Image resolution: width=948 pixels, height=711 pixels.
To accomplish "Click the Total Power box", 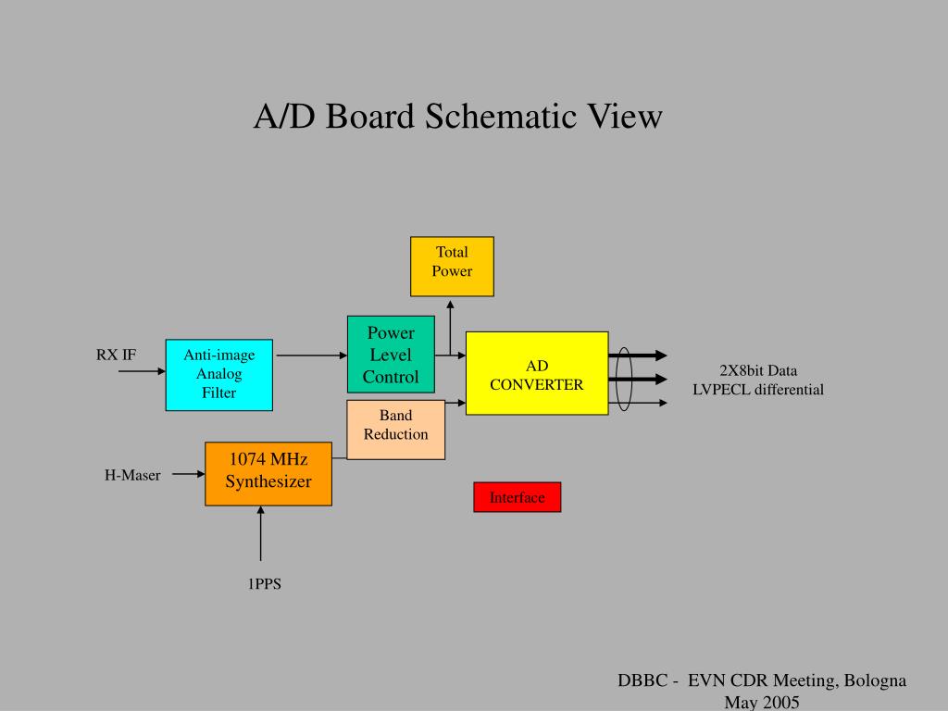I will pyautogui.click(x=452, y=266).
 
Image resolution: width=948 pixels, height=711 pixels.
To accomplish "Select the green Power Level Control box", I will pyautogui.click(x=391, y=355).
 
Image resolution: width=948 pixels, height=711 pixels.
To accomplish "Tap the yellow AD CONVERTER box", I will pyautogui.click(x=537, y=373).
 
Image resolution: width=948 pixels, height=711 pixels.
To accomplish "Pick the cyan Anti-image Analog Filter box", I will pyautogui.click(x=219, y=374).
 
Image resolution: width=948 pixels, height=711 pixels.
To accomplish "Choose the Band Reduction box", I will pyautogui.click(x=395, y=430).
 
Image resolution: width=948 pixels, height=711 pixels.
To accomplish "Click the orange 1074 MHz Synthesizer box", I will pyautogui.click(x=268, y=473).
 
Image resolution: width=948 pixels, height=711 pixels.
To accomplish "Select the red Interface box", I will pyautogui.click(x=517, y=497).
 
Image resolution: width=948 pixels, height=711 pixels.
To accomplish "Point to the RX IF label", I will pyautogui.click(x=117, y=355).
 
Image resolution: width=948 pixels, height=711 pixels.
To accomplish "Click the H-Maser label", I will pyautogui.click(x=132, y=476).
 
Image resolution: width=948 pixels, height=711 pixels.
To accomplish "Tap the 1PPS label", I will pyautogui.click(x=263, y=584).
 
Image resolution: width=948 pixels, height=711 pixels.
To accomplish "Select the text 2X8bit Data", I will pyautogui.click(x=758, y=370).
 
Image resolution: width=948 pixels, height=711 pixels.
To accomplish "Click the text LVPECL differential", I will pyautogui.click(x=758, y=390).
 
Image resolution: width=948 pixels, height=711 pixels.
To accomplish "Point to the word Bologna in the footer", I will pyautogui.click(x=874, y=680).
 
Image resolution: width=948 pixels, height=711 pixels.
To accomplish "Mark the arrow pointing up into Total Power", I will pyautogui.click(x=450, y=324).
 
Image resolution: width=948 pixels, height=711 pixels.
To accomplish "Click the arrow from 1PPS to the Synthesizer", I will pyautogui.click(x=261, y=537).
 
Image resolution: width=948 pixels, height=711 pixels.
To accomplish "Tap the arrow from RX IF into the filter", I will pyautogui.click(x=142, y=372).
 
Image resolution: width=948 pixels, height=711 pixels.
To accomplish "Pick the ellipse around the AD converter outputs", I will pyautogui.click(x=623, y=379).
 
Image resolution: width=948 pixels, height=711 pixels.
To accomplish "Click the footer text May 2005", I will pyautogui.click(x=762, y=703).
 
